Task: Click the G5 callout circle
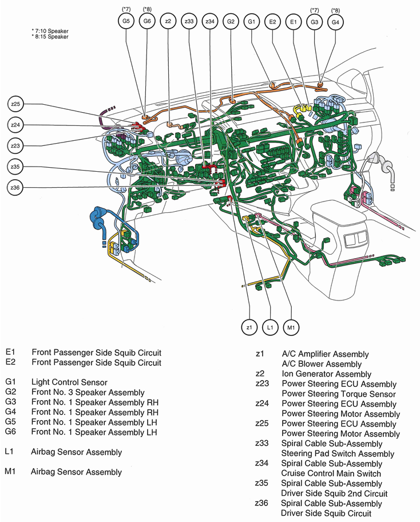point(125,22)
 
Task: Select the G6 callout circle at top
point(146,22)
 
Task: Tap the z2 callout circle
point(168,22)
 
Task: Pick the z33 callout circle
point(189,22)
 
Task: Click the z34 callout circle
point(210,22)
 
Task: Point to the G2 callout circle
point(231,22)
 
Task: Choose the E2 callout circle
point(272,22)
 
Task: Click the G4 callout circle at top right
point(336,22)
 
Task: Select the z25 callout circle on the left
point(15,104)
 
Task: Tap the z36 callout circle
point(15,187)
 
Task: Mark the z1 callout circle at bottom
point(249,327)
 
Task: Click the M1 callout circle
point(291,327)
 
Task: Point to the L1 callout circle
point(270,327)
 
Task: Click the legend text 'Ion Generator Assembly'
point(319,374)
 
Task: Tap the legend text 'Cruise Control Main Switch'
point(331,473)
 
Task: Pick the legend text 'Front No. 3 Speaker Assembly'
point(88,392)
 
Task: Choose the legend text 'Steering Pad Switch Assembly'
point(334,453)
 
